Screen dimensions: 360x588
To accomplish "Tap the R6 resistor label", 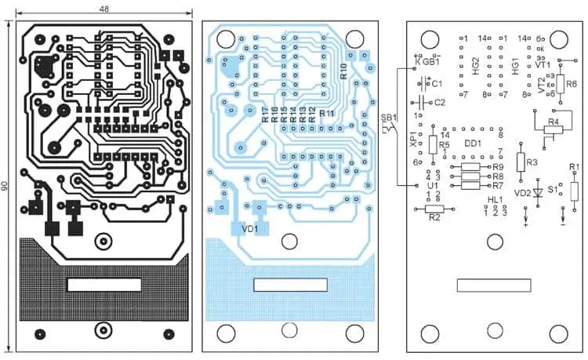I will pos(571,84).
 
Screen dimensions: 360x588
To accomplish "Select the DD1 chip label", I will pos(473,144).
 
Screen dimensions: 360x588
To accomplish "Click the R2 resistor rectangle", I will pos(434,209).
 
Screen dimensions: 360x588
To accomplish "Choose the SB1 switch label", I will pos(389,118).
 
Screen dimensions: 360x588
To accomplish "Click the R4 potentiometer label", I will pos(554,122).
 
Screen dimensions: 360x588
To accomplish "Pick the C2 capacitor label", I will pos(439,102).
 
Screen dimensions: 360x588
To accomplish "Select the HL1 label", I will pos(495,201).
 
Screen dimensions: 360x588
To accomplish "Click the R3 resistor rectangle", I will pos(521,162).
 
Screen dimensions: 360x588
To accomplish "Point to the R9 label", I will pos(496,167).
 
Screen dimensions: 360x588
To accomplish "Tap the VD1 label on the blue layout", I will pos(250,229).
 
